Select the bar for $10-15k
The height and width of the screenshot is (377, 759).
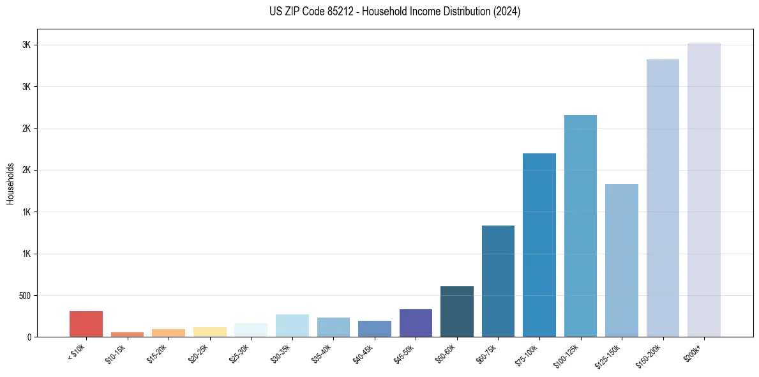click(x=127, y=334)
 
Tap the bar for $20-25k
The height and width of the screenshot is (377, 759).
click(x=209, y=332)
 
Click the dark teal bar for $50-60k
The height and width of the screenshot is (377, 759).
click(x=457, y=312)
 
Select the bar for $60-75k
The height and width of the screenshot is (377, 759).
click(x=498, y=281)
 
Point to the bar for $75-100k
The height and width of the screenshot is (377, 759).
click(x=539, y=245)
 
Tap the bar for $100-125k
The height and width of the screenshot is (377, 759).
click(x=580, y=226)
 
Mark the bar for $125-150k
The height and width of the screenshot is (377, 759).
click(x=622, y=261)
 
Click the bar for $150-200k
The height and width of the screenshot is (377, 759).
click(x=663, y=198)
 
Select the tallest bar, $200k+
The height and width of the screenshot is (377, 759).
click(x=704, y=190)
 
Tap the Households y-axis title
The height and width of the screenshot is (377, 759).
click(x=11, y=183)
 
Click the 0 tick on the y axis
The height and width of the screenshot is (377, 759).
click(x=28, y=337)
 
